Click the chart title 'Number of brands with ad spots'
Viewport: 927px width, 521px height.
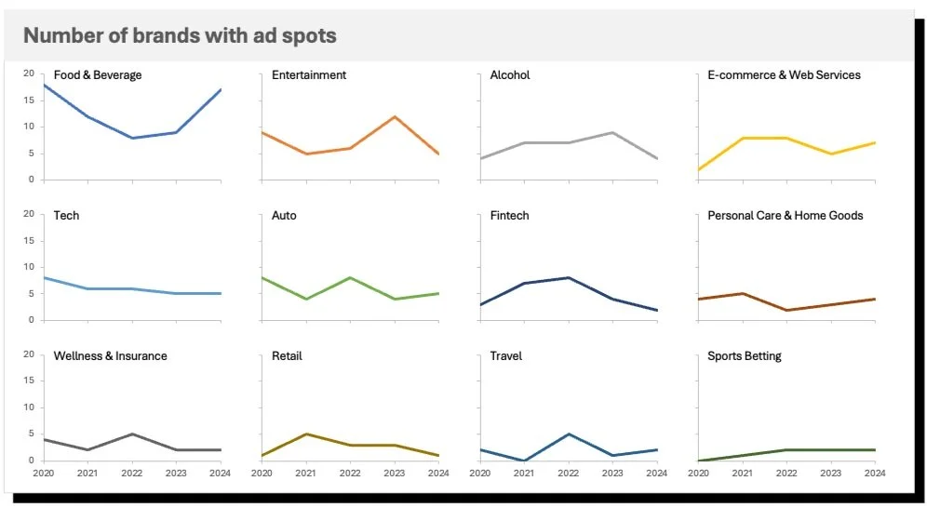click(x=180, y=36)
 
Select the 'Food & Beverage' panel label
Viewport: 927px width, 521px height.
click(x=98, y=75)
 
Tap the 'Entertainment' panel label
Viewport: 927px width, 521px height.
click(x=309, y=75)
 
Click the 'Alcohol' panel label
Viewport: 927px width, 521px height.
click(x=510, y=75)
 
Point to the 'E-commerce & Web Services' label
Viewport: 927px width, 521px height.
click(x=784, y=75)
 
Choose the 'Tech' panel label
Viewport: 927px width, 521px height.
click(x=66, y=216)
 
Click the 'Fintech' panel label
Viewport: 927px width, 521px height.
click(x=509, y=216)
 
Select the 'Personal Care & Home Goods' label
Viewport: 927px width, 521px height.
click(x=785, y=216)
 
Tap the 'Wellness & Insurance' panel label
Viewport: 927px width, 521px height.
click(x=110, y=356)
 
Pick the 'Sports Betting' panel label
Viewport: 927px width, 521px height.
click(x=744, y=356)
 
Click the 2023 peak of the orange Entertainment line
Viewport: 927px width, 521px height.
click(x=395, y=116)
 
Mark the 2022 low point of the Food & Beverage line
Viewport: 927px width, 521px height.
click(x=132, y=138)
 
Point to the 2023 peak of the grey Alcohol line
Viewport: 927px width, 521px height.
click(x=612, y=132)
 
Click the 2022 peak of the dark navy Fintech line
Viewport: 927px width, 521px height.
click(x=569, y=277)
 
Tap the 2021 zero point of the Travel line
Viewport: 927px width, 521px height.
click(x=524, y=461)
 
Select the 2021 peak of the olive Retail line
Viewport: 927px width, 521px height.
click(x=306, y=434)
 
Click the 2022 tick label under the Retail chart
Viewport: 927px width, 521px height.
click(x=350, y=474)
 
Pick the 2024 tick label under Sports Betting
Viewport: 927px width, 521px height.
click(x=875, y=474)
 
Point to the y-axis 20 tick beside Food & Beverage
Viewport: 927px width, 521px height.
click(x=28, y=73)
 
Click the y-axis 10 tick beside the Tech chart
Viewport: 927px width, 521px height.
click(x=28, y=267)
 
